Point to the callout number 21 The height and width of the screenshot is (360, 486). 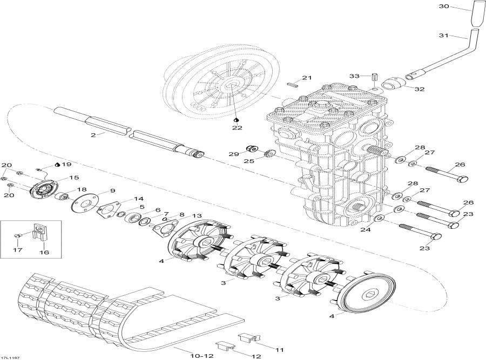coord(307,78)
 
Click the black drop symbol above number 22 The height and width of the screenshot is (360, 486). coord(237,119)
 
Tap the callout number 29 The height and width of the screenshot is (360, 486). coord(233,154)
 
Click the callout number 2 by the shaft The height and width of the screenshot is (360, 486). coord(93,134)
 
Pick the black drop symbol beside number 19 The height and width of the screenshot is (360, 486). coord(58,165)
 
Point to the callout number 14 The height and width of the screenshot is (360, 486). coord(139,198)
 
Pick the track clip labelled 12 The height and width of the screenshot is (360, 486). coord(222,344)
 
